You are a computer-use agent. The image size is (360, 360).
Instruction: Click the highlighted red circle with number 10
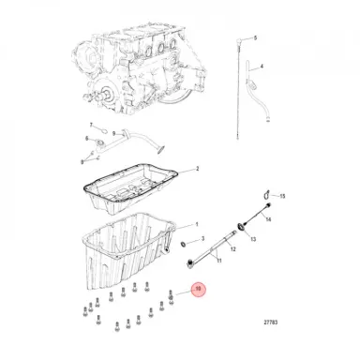[198, 291]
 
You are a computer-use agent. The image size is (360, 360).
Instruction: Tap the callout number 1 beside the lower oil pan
[197, 225]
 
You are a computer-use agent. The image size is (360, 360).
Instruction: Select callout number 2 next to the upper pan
[197, 170]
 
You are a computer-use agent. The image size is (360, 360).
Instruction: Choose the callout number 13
[254, 240]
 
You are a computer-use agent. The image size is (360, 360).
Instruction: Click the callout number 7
[91, 125]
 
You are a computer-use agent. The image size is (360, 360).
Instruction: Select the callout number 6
[87, 139]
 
